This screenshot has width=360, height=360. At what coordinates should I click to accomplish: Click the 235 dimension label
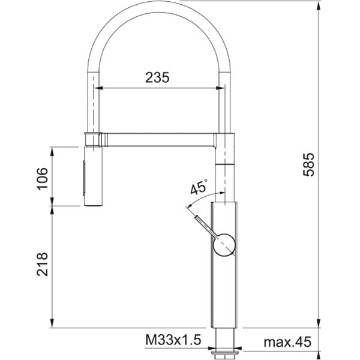pos(157,77)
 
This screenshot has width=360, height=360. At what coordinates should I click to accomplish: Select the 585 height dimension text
pos(308,164)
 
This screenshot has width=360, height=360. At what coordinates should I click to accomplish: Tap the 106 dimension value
pos(43,179)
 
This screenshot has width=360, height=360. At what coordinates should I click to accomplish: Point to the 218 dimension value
pos(43,264)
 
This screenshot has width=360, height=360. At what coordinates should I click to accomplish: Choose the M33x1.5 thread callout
pos(173,340)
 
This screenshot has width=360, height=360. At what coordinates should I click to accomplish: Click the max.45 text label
pos(287,342)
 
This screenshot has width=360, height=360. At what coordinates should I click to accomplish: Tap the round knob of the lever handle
pos(224,245)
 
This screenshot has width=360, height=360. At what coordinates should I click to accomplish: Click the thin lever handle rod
pos(205,227)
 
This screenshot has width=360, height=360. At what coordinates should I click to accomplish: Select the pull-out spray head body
pos(93,176)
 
